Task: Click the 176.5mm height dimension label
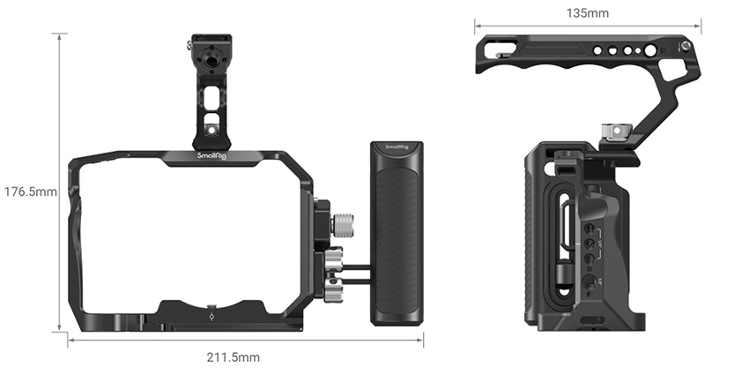pyautogui.click(x=31, y=191)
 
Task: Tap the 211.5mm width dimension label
pyautogui.click(x=234, y=357)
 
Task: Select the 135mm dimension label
pyautogui.click(x=588, y=13)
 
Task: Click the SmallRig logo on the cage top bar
pyautogui.click(x=212, y=156)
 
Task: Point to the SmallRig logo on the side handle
pyautogui.click(x=397, y=146)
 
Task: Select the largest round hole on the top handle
pyautogui.click(x=649, y=50)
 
